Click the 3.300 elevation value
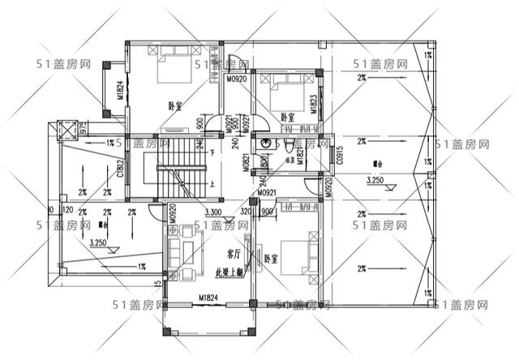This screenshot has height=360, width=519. [214, 212]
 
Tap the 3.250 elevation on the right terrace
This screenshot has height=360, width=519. [375, 179]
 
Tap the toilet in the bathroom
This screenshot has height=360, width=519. [290, 146]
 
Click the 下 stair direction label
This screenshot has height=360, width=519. [212, 152]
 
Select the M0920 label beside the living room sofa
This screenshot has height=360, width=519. [173, 213]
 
